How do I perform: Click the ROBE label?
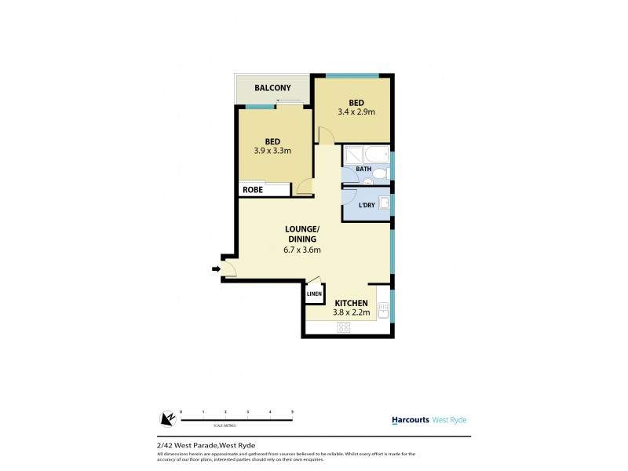coord(252,190)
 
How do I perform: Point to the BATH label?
coord(363,169)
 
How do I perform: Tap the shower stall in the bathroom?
coord(350,154)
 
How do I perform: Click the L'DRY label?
coord(366,206)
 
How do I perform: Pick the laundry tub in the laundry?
coord(383,203)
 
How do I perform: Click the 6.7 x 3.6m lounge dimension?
coord(303,250)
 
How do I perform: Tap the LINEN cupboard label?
coord(314,294)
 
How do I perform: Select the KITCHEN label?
coord(351,302)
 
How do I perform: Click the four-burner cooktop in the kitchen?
coord(343,328)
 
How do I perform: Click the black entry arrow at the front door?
coord(216,270)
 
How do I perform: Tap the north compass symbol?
coord(166,420)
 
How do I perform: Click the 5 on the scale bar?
coord(292,411)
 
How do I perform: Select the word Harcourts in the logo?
coord(410,420)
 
